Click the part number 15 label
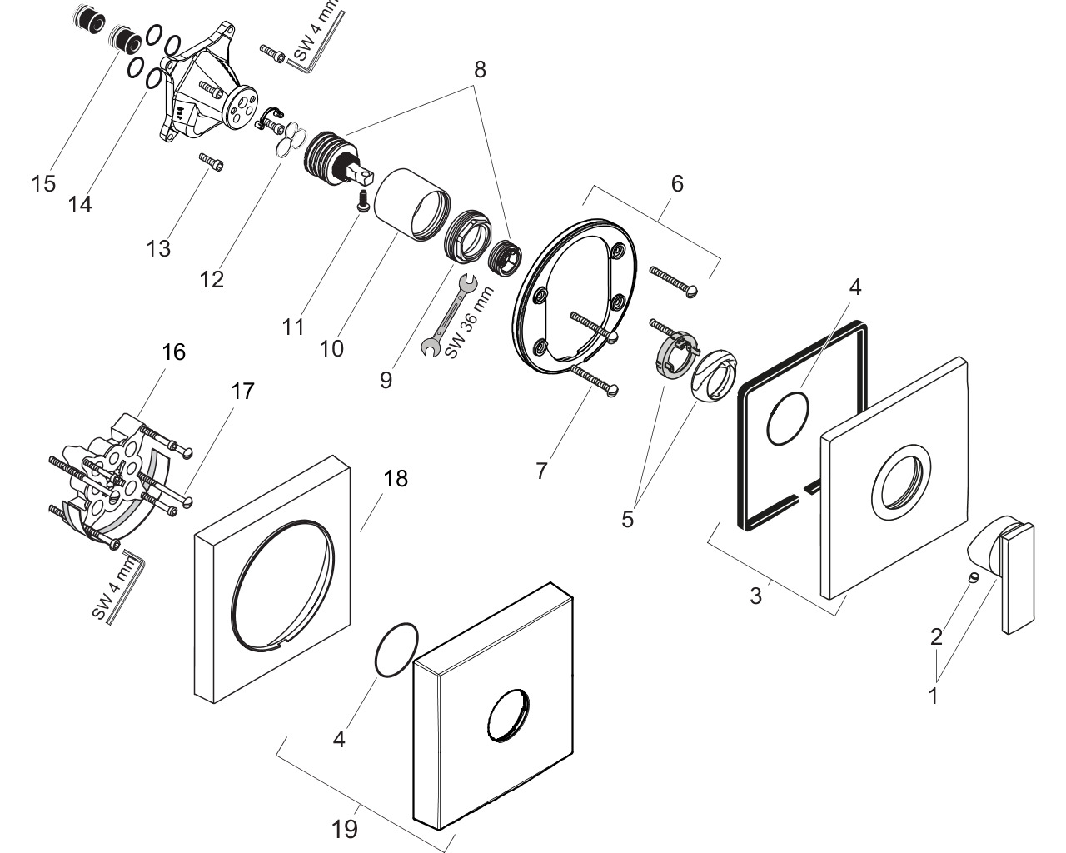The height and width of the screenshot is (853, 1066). (x=43, y=183)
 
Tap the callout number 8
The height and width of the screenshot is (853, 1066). (x=480, y=70)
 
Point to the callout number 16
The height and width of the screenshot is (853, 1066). (x=173, y=352)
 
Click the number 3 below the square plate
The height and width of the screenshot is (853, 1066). (x=755, y=596)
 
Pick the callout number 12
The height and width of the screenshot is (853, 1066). (x=212, y=280)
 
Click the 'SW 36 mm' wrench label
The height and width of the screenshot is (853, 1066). (x=469, y=322)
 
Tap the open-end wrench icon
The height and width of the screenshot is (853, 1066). (x=448, y=315)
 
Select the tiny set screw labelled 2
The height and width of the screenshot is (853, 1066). (x=974, y=577)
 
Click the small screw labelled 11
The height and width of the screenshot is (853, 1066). (x=364, y=200)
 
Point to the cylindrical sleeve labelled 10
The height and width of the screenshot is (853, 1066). (x=411, y=204)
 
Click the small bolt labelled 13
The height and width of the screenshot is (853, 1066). (x=211, y=162)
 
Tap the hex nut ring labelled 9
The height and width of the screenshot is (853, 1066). (x=467, y=236)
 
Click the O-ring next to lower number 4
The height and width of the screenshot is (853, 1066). (x=396, y=649)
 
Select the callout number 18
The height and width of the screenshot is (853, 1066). (x=396, y=479)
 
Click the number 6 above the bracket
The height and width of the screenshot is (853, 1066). (x=677, y=183)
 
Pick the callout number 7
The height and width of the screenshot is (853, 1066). (x=541, y=471)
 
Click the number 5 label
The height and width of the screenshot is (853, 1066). (x=627, y=520)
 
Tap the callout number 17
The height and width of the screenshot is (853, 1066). (x=242, y=391)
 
